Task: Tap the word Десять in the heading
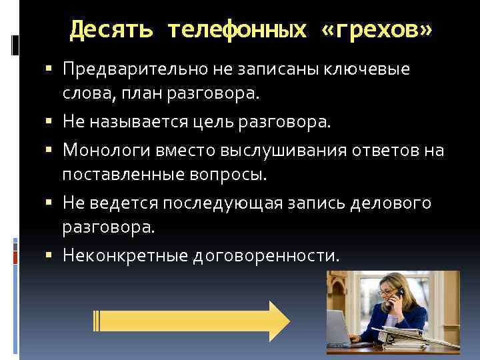(x=111, y=30)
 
